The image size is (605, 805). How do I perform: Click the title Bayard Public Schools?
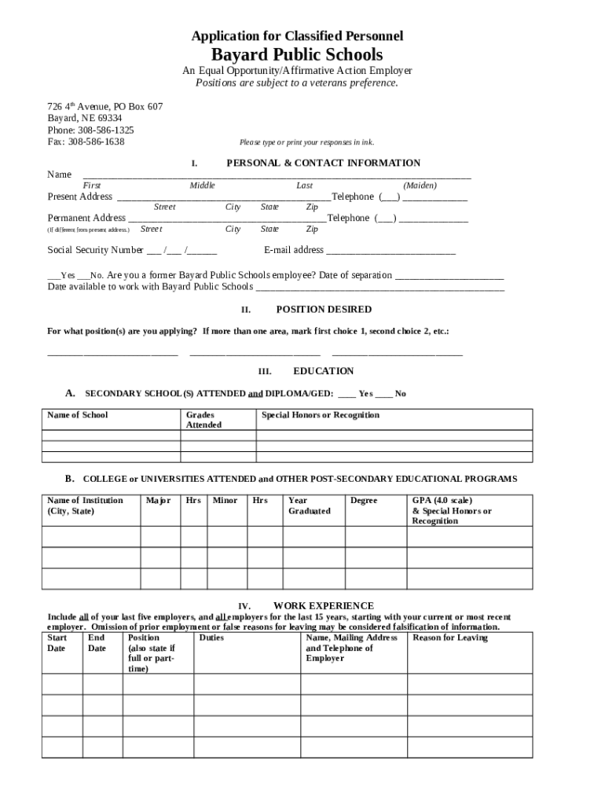coord(297,54)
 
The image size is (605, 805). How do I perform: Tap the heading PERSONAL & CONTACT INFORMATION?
coord(323,164)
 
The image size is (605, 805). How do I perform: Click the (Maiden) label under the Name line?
coord(420,186)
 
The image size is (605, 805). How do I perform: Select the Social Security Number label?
coord(95,250)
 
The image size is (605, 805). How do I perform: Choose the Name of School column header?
coord(78,415)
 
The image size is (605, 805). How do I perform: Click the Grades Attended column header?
coord(203,420)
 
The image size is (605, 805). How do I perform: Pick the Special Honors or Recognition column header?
coord(320,415)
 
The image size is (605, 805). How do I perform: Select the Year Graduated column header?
coord(309,505)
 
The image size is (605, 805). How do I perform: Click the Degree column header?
coord(364,501)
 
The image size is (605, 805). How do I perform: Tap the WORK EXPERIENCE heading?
coord(323,606)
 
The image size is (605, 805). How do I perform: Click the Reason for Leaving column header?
coord(450,638)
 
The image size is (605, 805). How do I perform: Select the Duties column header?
coord(211,638)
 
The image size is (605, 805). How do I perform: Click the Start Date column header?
coord(57,643)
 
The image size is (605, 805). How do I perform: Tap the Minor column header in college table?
coord(225,501)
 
